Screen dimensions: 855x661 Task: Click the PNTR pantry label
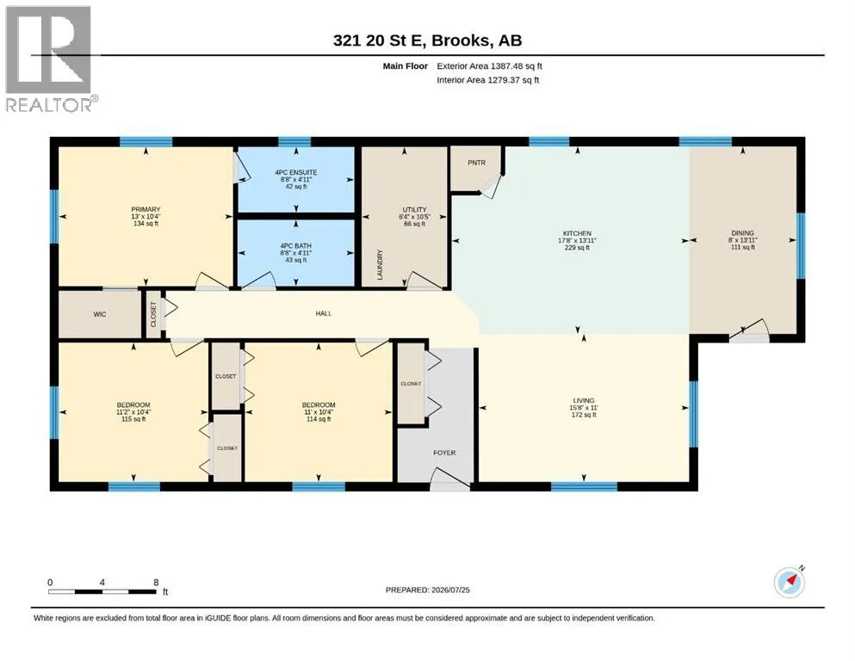pos(476,163)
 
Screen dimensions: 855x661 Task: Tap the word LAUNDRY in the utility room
pos(380,265)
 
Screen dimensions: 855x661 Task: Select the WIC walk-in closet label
pos(100,314)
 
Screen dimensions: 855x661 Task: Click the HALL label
pos(324,313)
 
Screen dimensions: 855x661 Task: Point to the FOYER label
pos(444,453)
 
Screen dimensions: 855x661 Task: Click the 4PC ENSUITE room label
pos(296,172)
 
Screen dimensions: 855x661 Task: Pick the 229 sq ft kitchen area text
pos(577,247)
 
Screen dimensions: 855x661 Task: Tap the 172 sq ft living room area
pos(584,415)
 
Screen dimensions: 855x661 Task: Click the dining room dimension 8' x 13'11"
pos(743,240)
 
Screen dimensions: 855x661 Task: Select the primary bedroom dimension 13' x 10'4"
pos(146,216)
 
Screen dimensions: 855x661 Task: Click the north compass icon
pos(790,582)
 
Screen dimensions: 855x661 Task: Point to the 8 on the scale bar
pos(156,582)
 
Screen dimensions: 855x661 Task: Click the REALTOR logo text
pos(49,105)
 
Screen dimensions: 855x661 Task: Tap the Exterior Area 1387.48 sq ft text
pos(489,66)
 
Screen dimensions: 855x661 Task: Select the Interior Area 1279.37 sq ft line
pos(487,80)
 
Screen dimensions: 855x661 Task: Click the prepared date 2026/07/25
pos(450,590)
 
